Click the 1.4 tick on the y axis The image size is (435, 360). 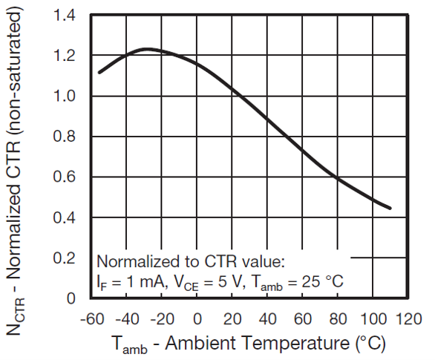(x=65, y=16)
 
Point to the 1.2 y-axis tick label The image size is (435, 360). (x=65, y=56)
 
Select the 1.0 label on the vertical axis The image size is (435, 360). (x=65, y=97)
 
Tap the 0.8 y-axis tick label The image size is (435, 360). (x=65, y=137)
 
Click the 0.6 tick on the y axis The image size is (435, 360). (x=65, y=177)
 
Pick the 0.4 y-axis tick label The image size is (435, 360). (x=65, y=218)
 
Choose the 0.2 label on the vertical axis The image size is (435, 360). (x=65, y=258)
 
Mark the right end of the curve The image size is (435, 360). (x=390, y=208)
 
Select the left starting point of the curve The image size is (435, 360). (x=99, y=72)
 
